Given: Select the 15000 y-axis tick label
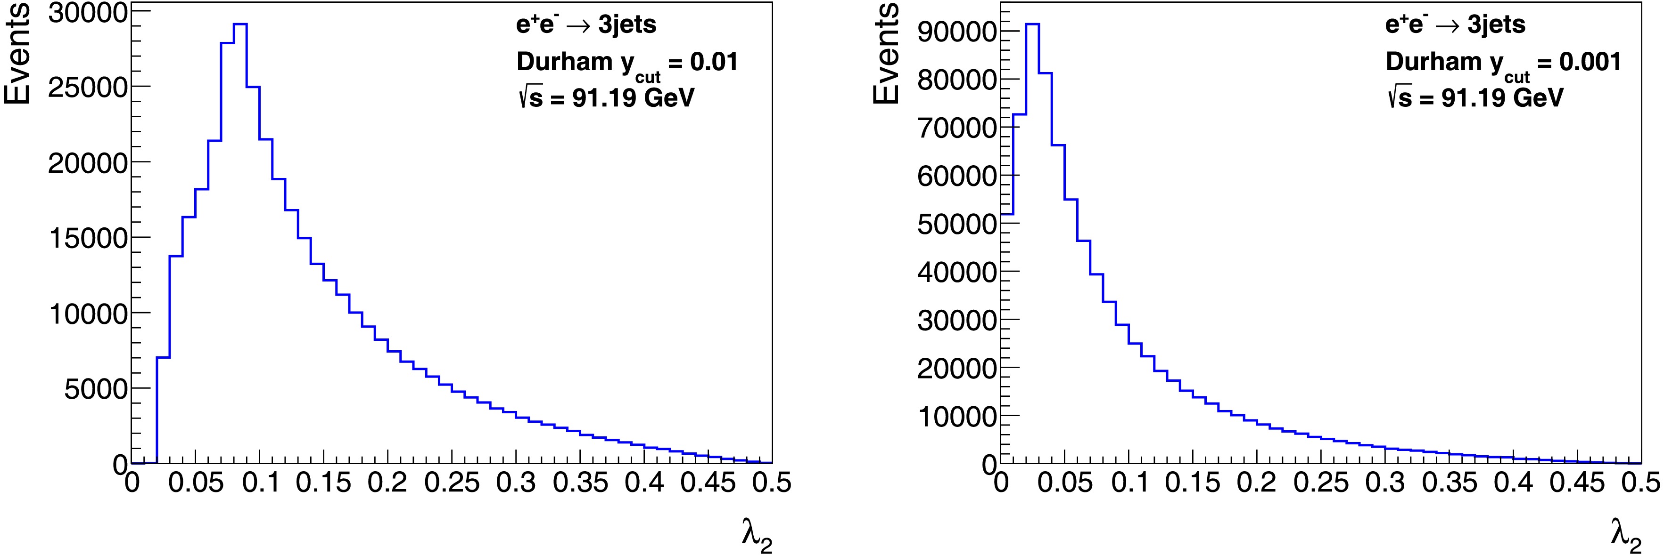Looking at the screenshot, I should [87, 238].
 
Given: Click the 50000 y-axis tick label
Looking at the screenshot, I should [956, 224].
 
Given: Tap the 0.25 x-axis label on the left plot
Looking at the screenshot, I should [452, 483].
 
